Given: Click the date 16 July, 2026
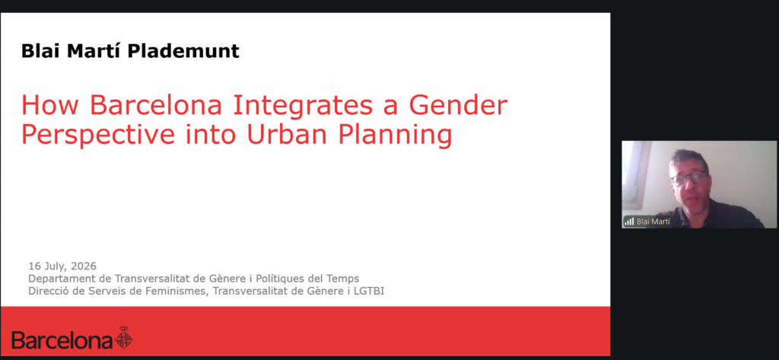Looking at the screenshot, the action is click(62, 266).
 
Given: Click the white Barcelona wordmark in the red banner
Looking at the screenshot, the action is click(62, 341).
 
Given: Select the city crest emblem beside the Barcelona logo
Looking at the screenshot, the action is click(124, 338).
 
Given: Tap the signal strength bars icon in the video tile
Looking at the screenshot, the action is click(629, 221).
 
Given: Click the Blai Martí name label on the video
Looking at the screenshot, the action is click(653, 221).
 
